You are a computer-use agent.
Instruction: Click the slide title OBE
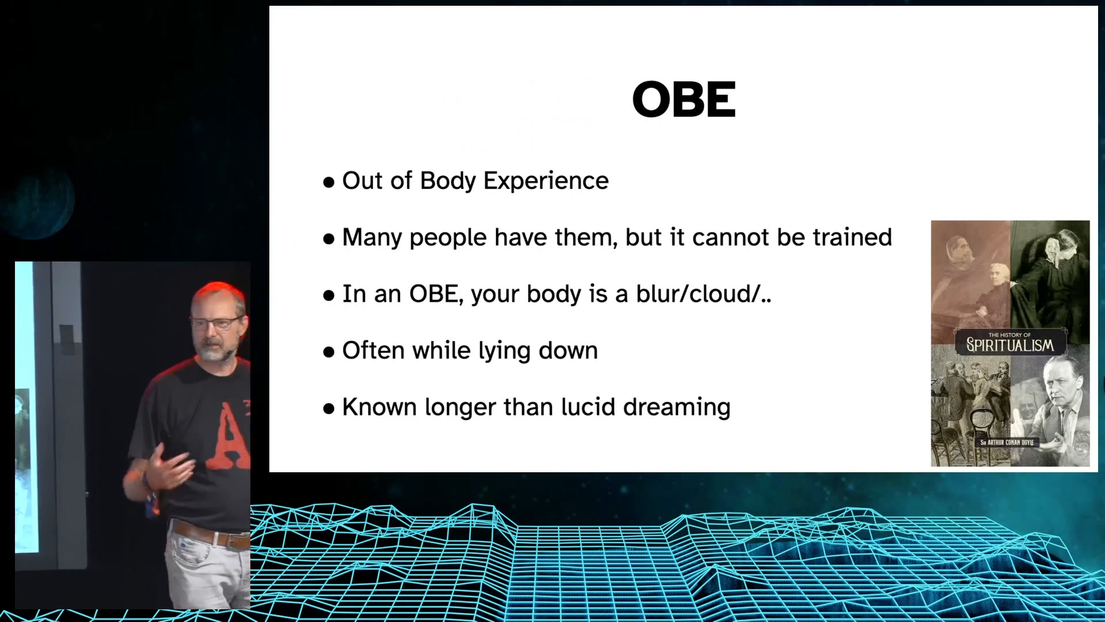tap(684, 99)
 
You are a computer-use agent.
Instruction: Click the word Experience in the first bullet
tap(546, 181)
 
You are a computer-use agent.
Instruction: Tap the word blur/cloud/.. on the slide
tap(703, 294)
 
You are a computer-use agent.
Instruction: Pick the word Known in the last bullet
tap(380, 407)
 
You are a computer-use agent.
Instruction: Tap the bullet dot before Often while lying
tap(329, 352)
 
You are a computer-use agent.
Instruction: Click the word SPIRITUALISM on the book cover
tap(1010, 345)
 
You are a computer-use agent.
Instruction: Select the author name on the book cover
tap(1007, 442)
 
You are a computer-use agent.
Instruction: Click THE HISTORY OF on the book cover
tap(1009, 335)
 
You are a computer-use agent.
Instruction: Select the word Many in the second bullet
tap(372, 238)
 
